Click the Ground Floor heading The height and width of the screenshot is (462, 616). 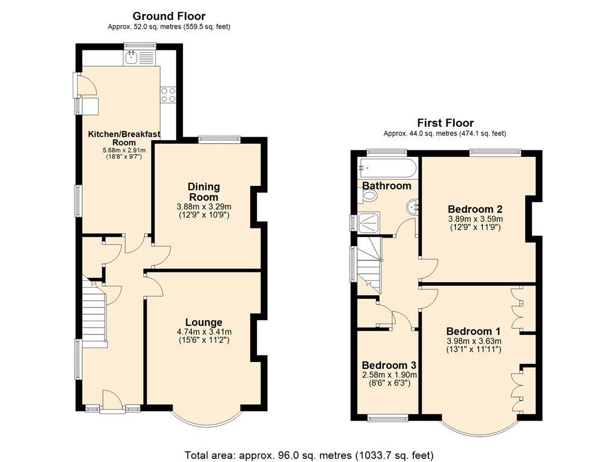[x=168, y=16]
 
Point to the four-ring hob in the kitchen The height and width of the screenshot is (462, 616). [x=168, y=95]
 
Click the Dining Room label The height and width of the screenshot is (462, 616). [x=204, y=192]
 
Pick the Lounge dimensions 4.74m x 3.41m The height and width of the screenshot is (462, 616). [x=203, y=331]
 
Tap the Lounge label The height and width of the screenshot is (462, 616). [x=203, y=322]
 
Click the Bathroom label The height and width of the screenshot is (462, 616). [x=386, y=186]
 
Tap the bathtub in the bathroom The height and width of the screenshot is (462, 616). [x=386, y=167]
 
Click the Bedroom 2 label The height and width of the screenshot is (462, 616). [x=475, y=209]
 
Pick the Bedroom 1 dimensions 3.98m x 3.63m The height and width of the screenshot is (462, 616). [x=473, y=341]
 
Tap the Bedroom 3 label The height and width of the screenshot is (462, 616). [x=389, y=365]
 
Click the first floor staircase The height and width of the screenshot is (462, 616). [x=369, y=262]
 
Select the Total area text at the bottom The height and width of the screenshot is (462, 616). [x=307, y=455]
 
